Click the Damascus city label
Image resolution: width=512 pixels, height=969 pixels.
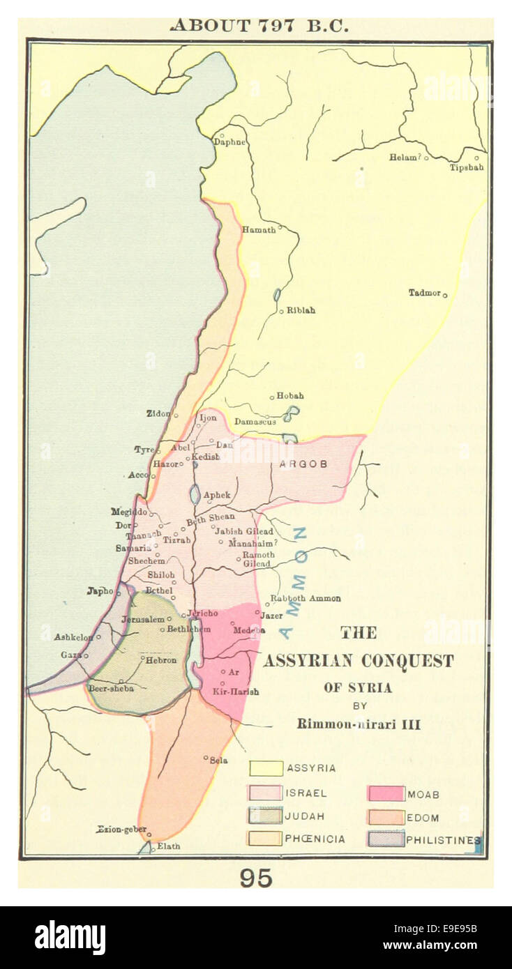[255, 422]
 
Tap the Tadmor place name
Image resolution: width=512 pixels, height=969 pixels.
[424, 293]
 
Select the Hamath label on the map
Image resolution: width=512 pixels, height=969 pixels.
[258, 229]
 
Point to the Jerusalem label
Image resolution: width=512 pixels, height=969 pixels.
[143, 619]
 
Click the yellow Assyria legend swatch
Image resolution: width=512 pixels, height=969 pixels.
[266, 768]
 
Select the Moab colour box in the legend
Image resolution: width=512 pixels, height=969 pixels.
[386, 793]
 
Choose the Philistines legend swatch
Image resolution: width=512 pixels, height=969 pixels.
[386, 839]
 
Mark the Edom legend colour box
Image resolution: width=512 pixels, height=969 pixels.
[386, 817]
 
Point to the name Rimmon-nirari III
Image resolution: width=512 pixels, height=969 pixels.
[359, 724]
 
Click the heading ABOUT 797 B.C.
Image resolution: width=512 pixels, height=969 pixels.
[259, 26]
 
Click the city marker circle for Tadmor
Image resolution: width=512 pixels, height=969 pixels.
[445, 296]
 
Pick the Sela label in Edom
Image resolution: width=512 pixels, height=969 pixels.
[219, 761]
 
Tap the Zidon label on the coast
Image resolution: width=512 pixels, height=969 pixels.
[158, 413]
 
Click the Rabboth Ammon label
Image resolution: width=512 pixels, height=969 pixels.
[306, 598]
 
